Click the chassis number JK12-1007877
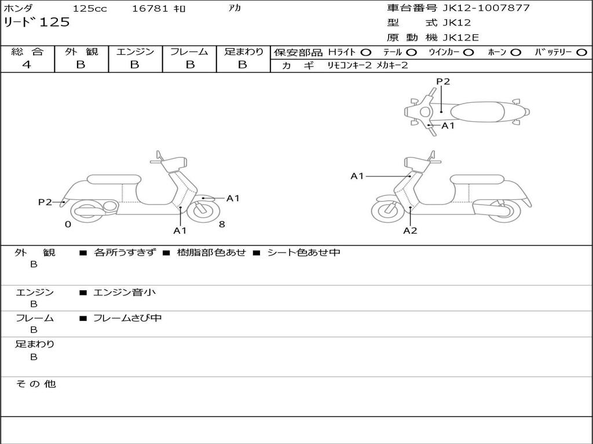[486, 8]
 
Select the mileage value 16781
[150, 8]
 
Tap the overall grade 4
[27, 65]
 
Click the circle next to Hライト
[366, 53]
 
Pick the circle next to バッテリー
[581, 53]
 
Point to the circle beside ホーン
[515, 53]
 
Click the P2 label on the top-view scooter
[443, 81]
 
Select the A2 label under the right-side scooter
[410, 230]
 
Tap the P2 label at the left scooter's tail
[45, 202]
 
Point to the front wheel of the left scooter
[203, 210]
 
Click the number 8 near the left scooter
[222, 224]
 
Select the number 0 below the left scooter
[68, 224]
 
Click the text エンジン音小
[125, 292]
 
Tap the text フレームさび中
[127, 319]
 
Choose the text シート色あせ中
[303, 253]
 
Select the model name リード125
[36, 22]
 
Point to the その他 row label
[36, 384]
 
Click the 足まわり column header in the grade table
[244, 51]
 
